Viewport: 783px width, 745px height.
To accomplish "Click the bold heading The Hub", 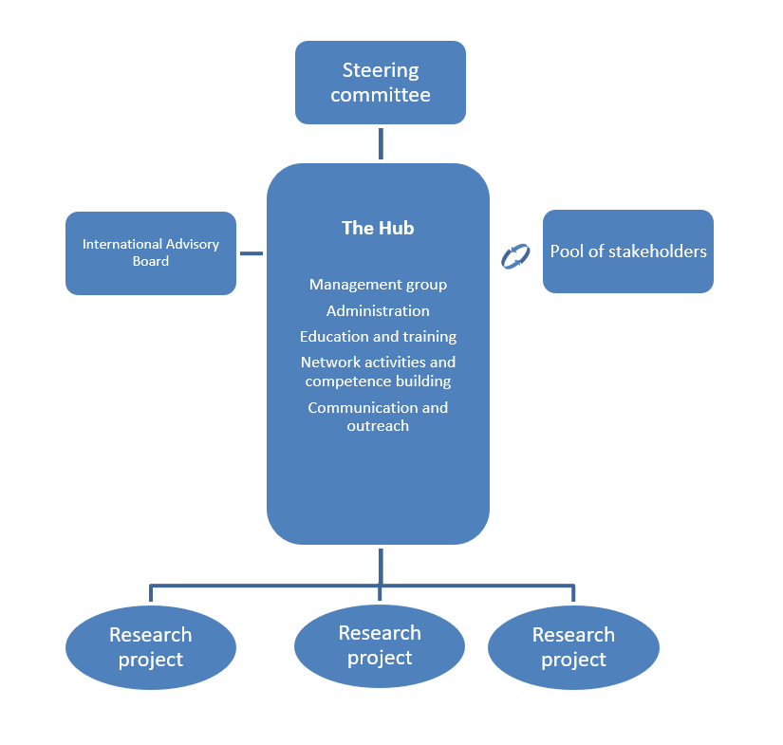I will tap(378, 228).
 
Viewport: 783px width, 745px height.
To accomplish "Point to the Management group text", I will tap(378, 285).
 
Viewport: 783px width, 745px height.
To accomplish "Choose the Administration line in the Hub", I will tap(378, 310).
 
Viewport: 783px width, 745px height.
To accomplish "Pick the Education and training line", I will tap(378, 336).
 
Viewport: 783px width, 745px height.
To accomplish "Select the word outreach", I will tap(378, 426).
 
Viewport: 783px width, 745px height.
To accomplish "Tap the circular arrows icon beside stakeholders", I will tap(515, 255).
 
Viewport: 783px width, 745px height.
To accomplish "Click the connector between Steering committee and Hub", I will tap(381, 143).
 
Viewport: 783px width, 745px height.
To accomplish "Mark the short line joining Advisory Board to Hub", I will tap(251, 253).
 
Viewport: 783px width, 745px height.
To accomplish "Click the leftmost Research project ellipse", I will tap(150, 647).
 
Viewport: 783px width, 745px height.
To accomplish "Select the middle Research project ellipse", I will tap(380, 645).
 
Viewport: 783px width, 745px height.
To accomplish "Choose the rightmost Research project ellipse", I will tap(573, 647).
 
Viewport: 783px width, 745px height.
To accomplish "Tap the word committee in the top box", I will tap(381, 95).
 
